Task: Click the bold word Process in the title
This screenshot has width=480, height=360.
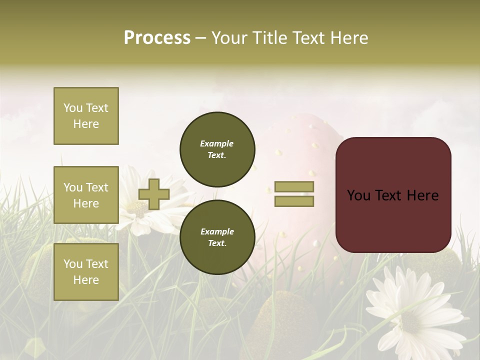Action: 157,38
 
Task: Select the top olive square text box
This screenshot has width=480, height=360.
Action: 86,116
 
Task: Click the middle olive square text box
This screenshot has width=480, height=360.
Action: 86,195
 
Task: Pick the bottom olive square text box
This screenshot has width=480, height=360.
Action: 86,272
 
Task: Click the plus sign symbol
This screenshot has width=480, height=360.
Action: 154,194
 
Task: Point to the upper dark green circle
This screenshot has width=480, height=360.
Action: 217,149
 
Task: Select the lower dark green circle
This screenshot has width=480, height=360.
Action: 217,237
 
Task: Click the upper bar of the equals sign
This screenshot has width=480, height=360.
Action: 294,187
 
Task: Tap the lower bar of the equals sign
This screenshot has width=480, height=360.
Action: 294,201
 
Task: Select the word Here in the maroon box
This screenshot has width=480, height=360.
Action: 422,195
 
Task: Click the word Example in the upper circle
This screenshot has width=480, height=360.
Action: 217,144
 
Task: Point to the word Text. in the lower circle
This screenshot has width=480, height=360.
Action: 217,243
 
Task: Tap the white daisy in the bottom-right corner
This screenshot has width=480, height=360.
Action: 412,312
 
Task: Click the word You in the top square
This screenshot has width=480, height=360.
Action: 73,108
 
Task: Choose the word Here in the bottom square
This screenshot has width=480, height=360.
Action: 86,280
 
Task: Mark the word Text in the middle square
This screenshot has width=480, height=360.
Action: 97,187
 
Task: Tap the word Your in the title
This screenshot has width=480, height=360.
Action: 230,38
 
